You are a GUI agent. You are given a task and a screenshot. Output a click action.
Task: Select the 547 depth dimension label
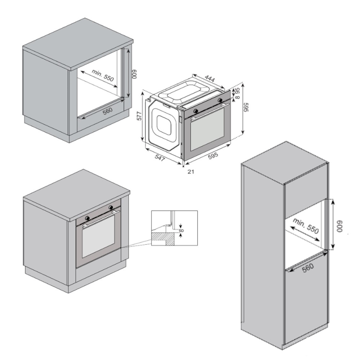(160, 158)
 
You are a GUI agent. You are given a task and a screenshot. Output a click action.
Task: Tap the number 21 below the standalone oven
(191, 171)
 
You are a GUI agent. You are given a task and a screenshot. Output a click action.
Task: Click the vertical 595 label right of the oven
(246, 107)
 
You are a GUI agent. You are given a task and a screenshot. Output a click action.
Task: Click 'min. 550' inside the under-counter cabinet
(103, 75)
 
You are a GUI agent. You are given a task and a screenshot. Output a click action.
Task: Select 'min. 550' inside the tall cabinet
(306, 226)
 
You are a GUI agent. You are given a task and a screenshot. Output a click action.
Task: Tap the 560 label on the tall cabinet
(308, 268)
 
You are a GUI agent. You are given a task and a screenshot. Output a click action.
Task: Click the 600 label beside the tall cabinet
(339, 227)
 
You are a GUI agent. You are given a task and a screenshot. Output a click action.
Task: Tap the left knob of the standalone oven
(196, 111)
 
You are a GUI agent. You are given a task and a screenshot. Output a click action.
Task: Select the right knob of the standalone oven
(220, 100)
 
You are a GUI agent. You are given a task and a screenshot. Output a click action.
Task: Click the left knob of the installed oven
(87, 218)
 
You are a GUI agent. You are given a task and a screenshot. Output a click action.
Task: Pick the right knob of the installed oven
(111, 207)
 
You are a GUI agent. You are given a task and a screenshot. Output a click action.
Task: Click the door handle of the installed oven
(101, 218)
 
